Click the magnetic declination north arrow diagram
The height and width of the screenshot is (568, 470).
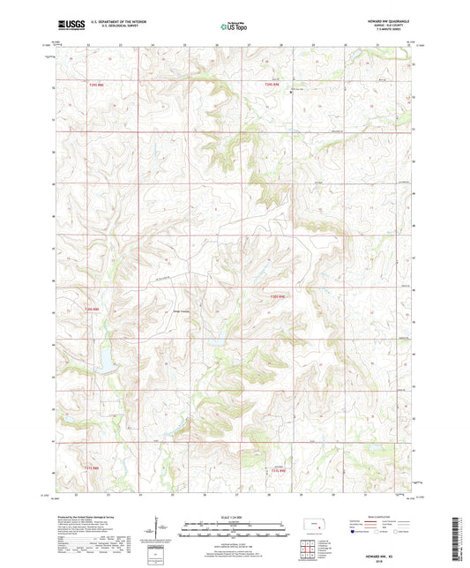click(161, 528)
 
